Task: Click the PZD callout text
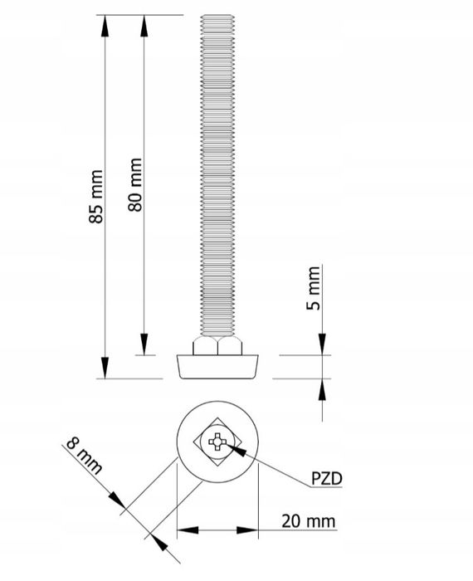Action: pyautogui.click(x=325, y=479)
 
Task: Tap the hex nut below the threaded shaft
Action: pyautogui.click(x=218, y=346)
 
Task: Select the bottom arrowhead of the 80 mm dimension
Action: pyautogui.click(x=144, y=344)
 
